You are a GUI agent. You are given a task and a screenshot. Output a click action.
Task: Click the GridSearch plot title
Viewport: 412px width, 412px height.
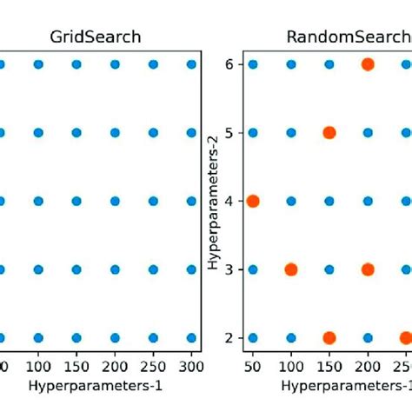coord(96,37)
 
